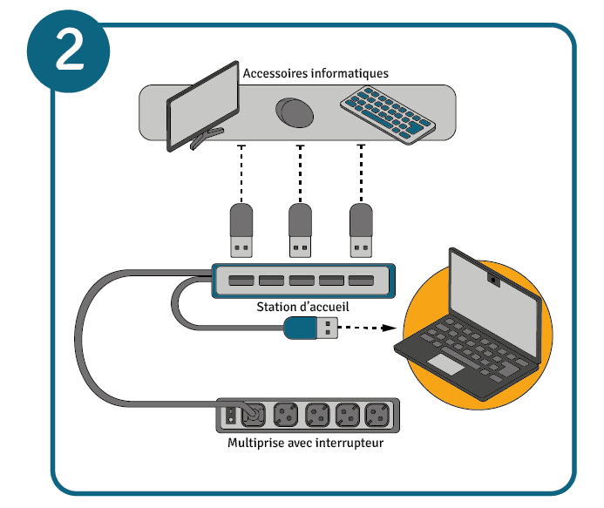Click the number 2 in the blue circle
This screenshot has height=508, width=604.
69,52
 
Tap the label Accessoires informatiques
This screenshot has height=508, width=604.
316,73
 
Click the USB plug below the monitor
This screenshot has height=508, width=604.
241,231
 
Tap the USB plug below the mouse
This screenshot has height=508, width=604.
301,231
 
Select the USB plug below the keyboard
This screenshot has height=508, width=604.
360,231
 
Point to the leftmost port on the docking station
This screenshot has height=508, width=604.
241,281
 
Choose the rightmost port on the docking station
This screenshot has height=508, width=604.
360,281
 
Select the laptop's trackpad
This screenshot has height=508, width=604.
445,363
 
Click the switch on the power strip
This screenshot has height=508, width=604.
230,415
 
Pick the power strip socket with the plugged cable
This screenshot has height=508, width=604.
252,415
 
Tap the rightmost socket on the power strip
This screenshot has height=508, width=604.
377,415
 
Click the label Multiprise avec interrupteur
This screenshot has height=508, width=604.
305,444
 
